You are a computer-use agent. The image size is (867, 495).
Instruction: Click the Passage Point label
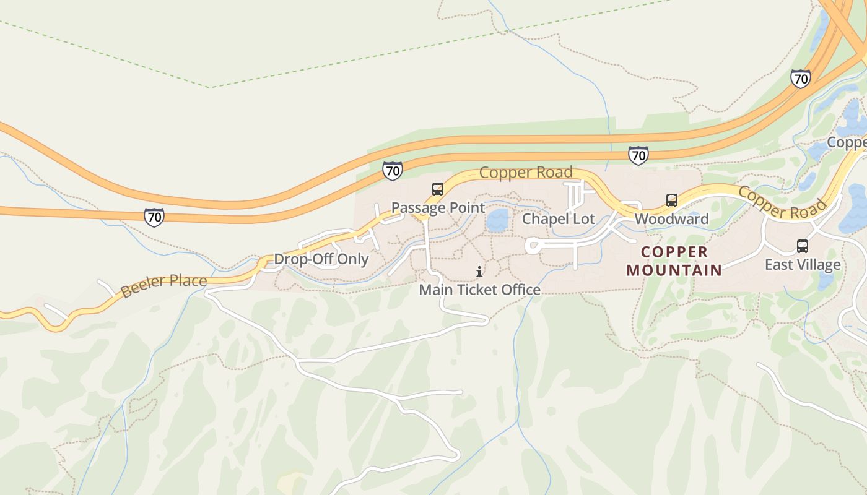(x=438, y=208)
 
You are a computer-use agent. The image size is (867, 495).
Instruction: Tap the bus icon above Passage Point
(x=438, y=189)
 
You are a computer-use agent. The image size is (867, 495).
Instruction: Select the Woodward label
(x=671, y=219)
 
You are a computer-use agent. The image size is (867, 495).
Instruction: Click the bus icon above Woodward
(x=672, y=200)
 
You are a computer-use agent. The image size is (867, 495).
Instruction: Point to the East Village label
(x=803, y=265)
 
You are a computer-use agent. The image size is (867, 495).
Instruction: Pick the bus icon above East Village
(x=803, y=246)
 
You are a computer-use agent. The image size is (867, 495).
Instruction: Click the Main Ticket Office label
(x=479, y=290)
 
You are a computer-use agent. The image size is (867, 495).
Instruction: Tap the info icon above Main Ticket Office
(x=479, y=272)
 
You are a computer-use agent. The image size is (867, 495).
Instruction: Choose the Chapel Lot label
(x=558, y=219)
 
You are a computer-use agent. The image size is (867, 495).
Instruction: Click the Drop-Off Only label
(x=321, y=259)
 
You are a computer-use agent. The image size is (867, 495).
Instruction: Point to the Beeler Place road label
(x=163, y=285)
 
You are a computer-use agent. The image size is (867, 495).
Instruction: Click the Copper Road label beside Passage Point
(x=526, y=173)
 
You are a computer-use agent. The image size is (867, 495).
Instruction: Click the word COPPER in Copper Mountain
(x=674, y=252)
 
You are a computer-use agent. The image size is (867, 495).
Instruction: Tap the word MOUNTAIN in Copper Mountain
(x=674, y=270)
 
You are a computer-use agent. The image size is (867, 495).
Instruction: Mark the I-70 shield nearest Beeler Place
(x=154, y=217)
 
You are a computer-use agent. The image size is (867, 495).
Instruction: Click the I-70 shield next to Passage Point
(x=392, y=171)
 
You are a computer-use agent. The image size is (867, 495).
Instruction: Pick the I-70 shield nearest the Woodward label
(x=638, y=155)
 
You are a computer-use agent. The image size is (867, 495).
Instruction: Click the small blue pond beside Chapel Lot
(x=497, y=220)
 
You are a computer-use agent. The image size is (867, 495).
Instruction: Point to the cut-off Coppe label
(x=847, y=142)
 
